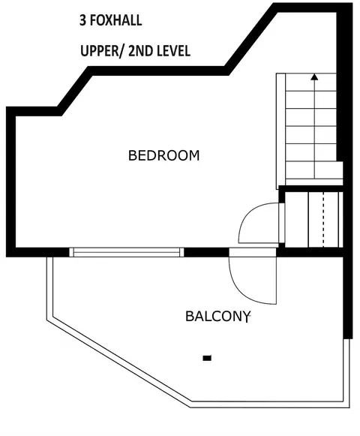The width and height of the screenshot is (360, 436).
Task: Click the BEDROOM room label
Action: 164,155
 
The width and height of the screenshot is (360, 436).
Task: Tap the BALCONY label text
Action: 217,317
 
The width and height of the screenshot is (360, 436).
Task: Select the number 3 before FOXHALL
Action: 82,20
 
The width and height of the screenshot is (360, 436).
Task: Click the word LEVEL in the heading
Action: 173,51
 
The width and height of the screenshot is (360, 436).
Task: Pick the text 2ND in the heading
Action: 141,51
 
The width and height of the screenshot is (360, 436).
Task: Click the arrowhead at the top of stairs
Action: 314,77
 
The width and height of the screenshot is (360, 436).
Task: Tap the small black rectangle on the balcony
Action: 207,358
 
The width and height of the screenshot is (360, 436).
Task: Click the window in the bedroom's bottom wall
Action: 127,252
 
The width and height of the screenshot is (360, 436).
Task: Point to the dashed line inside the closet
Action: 323,219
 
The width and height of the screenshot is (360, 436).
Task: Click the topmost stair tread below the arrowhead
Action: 311,83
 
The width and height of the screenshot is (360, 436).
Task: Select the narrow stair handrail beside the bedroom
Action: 280,131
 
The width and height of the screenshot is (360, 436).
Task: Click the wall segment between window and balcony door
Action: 206,252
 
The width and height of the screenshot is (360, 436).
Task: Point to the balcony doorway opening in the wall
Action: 253,252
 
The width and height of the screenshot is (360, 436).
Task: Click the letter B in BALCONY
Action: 189,317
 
